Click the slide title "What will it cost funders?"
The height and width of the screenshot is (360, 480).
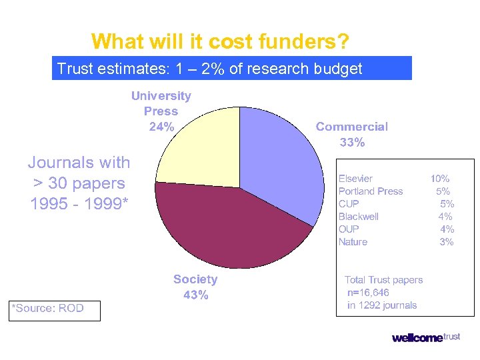[220, 41]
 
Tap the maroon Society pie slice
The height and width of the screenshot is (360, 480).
[227, 227]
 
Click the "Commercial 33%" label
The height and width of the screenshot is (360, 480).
[351, 134]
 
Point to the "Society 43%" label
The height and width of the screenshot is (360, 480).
[195, 287]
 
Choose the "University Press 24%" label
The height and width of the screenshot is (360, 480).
[161, 111]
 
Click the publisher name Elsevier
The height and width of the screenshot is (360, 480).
[355, 179]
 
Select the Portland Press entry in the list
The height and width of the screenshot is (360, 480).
[371, 191]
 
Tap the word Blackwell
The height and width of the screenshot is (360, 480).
[358, 217]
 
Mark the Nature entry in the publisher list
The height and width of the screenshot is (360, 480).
[353, 242]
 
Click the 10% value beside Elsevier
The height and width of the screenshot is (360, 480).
[440, 179]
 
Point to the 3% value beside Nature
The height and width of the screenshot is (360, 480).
[446, 242]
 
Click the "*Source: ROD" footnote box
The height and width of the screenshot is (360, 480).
[54, 309]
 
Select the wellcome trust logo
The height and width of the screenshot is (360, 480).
[426, 337]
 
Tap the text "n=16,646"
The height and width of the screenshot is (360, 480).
[368, 293]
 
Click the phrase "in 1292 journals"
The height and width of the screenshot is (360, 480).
[382, 305]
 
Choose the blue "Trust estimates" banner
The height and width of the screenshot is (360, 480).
[231, 68]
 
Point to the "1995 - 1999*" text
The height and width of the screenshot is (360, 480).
[78, 204]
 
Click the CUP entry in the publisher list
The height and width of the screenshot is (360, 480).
[349, 204]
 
